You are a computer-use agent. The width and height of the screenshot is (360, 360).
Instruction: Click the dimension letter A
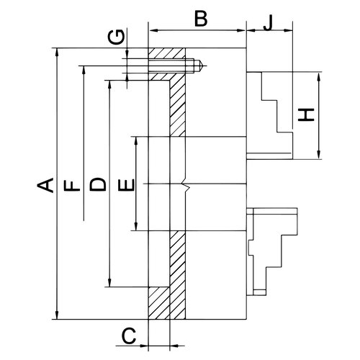(45, 185)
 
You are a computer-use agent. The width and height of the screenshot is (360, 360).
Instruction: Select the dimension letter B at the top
(201, 19)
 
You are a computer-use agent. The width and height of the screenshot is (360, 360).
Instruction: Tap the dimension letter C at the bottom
(129, 336)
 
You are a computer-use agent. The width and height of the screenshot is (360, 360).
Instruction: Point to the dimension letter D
(98, 184)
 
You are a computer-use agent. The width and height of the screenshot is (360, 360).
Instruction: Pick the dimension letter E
(126, 185)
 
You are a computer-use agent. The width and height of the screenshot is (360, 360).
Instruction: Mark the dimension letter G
(116, 37)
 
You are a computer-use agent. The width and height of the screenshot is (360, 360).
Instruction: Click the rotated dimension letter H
(306, 115)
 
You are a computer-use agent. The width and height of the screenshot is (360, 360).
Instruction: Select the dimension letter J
(269, 22)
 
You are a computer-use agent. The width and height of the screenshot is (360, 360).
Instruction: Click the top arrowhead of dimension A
(57, 53)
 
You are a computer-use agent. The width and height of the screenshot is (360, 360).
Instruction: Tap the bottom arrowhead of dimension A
(57, 315)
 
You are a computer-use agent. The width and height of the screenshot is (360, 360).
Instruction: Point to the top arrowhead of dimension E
(136, 141)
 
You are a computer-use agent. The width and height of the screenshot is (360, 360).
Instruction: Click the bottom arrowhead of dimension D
(109, 282)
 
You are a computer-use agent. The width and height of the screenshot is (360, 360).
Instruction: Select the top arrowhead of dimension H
(319, 76)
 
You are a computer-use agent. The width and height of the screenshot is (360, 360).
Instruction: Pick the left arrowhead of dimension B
(153, 30)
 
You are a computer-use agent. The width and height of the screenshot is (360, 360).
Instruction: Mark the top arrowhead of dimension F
(84, 70)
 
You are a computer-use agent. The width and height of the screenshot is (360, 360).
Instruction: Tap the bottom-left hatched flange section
(159, 303)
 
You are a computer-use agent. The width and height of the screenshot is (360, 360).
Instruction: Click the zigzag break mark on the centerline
(187, 184)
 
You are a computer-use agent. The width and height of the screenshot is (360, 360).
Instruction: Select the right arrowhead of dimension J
(288, 30)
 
